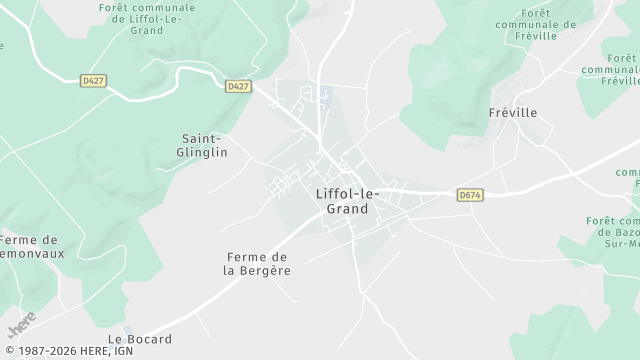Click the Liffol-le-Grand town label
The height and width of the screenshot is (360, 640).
coord(341,201)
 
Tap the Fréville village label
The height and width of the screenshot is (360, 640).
coord(513,113)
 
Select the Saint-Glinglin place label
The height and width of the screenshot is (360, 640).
coord(204,145)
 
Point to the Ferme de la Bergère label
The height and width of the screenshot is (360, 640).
coord(257,263)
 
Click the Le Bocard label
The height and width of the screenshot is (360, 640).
coord(140,339)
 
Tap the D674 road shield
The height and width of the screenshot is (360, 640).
coord(470,195)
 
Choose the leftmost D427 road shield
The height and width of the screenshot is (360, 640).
coord(93,80)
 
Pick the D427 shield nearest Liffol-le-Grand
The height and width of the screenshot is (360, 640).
coord(237,86)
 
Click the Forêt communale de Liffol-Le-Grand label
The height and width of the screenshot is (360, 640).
coord(146,18)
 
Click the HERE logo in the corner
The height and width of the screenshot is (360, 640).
coord(22,325)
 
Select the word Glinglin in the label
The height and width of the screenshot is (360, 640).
coord(204,152)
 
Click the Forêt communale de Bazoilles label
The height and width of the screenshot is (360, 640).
coord(614,232)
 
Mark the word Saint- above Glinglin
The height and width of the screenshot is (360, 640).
coord(200,138)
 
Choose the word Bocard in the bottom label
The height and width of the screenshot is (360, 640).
coord(149,339)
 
